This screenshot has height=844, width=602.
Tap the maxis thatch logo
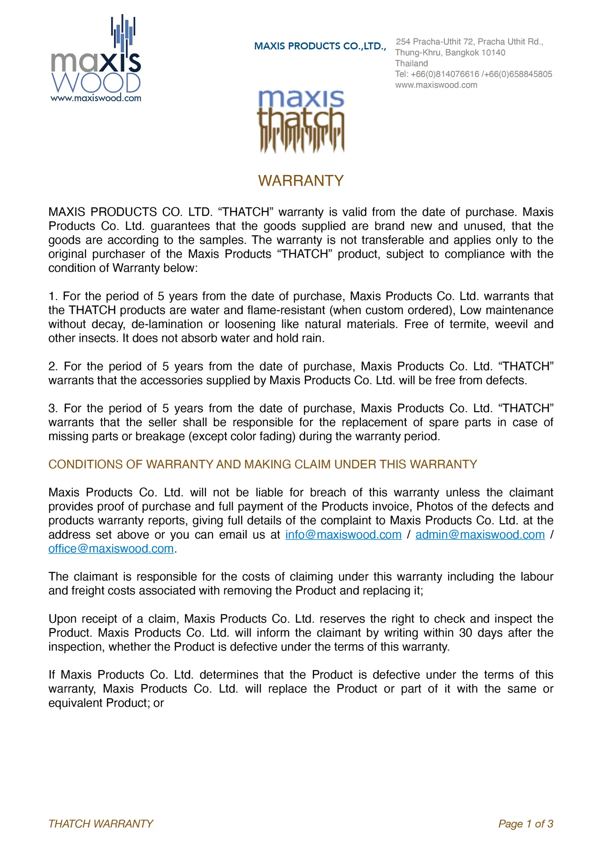click(301, 121)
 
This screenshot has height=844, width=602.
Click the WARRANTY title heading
click(301, 181)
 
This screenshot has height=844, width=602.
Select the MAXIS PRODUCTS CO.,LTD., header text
click(320, 46)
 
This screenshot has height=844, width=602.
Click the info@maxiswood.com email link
click(343, 535)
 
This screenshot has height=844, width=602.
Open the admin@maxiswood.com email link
click(480, 535)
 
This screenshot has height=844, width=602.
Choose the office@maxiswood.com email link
click(111, 549)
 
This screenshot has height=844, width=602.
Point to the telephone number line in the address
click(473, 74)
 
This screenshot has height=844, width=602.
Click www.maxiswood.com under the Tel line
click(436, 85)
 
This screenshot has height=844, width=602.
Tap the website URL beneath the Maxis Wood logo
click(96, 98)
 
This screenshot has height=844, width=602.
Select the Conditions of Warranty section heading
click(263, 464)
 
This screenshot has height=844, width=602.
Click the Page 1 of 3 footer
click(526, 824)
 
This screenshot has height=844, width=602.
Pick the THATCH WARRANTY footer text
click(101, 824)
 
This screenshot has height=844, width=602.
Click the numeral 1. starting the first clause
click(53, 296)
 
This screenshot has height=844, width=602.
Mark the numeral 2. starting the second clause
click(53, 366)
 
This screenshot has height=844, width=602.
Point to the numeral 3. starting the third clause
click(53, 408)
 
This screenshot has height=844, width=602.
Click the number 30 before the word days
click(465, 633)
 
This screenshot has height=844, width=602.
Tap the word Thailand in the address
click(411, 63)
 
